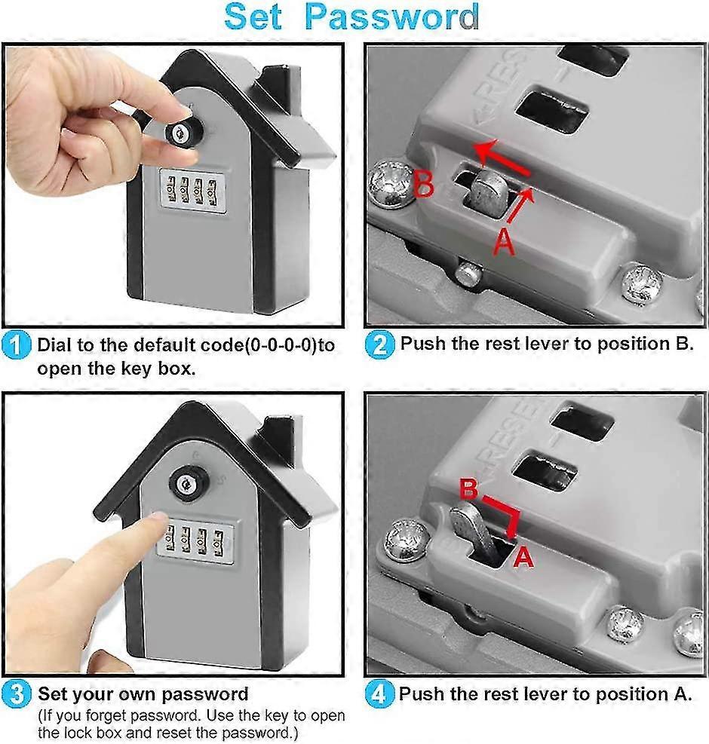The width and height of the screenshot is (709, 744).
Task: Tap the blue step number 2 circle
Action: pos(379,345)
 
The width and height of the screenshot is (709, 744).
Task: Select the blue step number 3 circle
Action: pos(17,694)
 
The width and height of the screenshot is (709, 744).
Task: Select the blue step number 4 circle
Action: pos(379,694)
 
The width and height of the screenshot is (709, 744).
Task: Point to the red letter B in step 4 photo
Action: pos(469,489)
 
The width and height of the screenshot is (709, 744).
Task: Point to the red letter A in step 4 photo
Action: pos(523,557)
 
